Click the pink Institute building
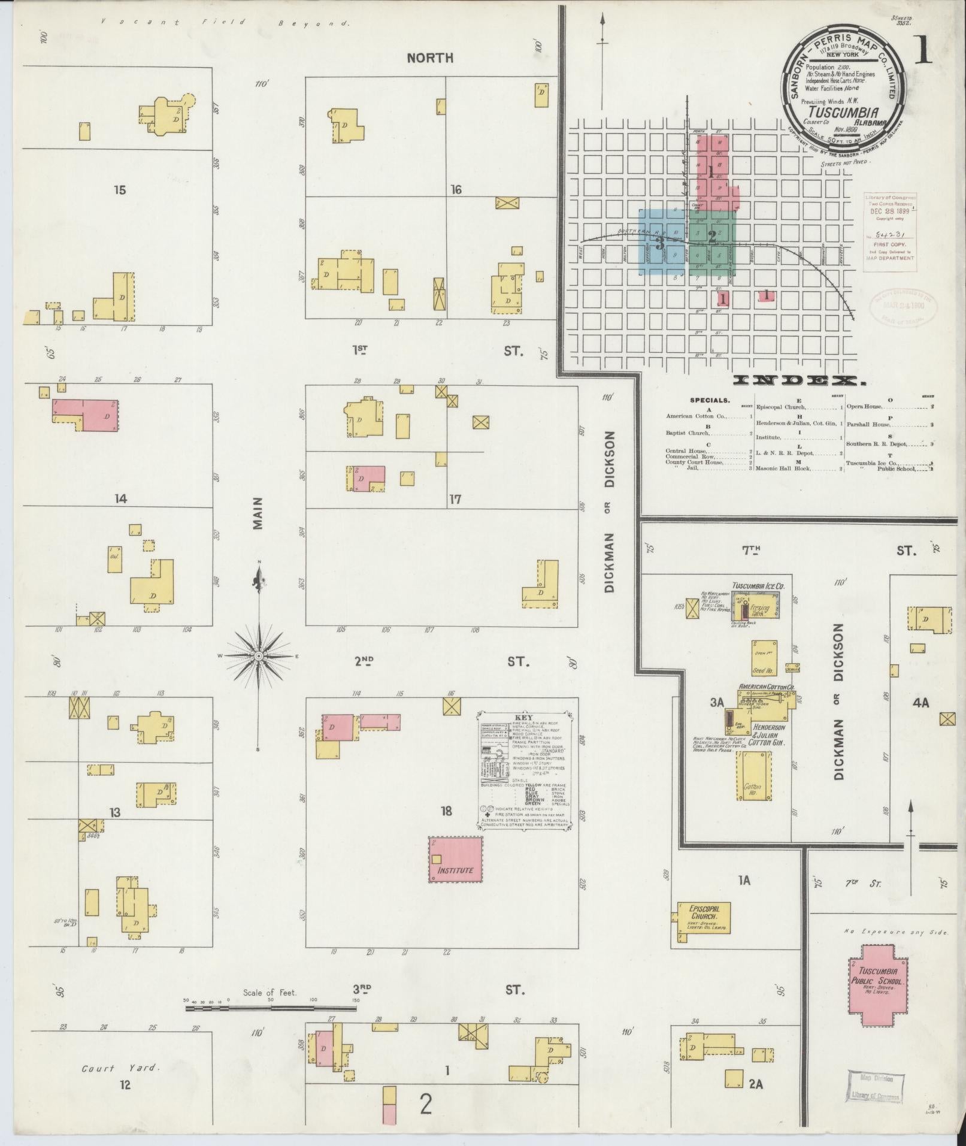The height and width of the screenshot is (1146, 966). tap(455, 859)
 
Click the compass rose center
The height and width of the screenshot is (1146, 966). tap(259, 657)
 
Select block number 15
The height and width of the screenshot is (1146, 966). tap(120, 190)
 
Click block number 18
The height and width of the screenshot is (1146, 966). tap(446, 811)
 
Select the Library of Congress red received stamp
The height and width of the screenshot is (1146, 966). tap(889, 232)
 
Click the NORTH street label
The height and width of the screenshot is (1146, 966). tap(430, 58)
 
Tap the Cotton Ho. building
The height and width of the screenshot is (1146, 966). tap(753, 776)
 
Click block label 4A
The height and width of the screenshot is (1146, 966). tap(920, 702)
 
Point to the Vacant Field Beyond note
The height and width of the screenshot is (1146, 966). tap(225, 23)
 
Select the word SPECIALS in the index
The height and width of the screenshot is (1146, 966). tap(710, 400)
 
